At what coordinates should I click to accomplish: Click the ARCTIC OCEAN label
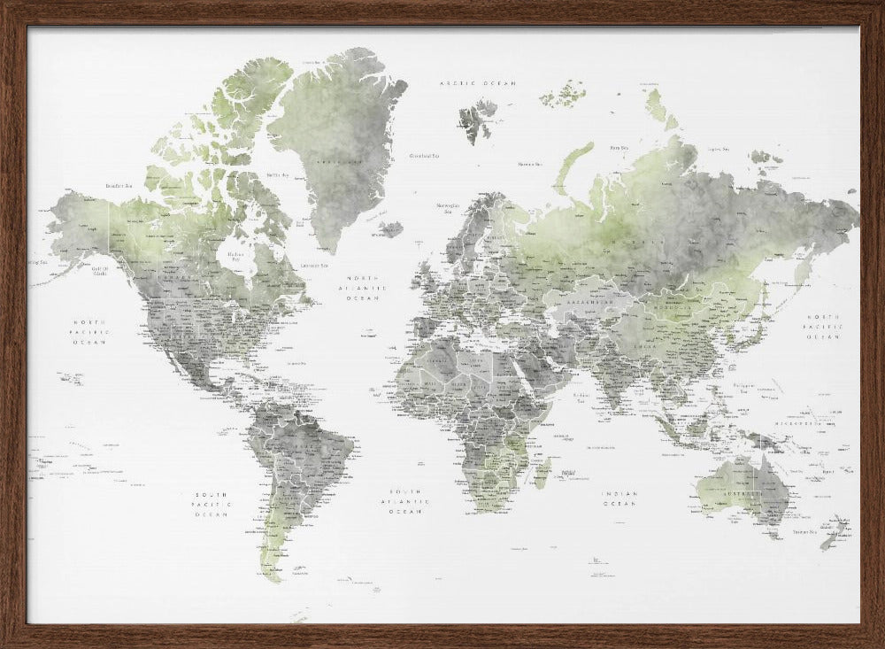(478, 82)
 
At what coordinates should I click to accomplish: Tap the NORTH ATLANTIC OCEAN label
(365, 287)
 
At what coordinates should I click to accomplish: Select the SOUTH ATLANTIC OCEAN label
(408, 501)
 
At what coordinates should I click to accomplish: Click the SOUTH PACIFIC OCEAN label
(212, 505)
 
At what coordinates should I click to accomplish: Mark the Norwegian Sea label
(446, 208)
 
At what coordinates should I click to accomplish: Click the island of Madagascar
(542, 471)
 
